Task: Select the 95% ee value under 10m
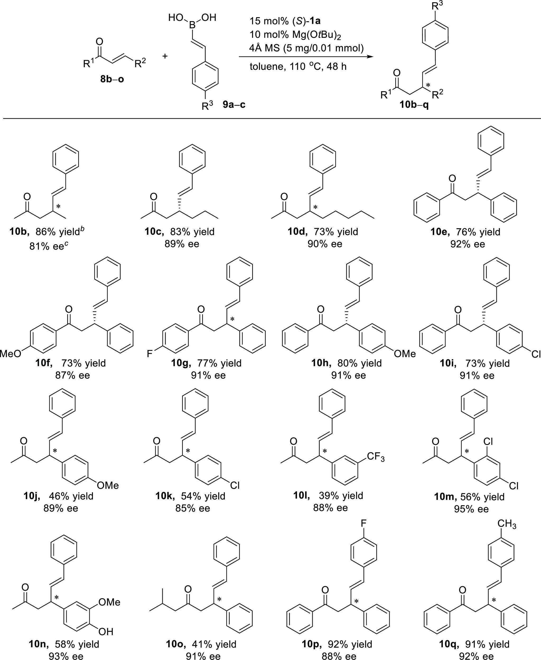[x=471, y=509]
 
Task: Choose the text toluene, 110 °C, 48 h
[x=298, y=67]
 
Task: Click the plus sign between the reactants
[x=165, y=56]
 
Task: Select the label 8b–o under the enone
[x=112, y=79]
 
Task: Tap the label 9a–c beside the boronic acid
[x=234, y=105]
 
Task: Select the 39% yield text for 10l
[x=341, y=495]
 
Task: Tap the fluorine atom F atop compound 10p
[x=363, y=523]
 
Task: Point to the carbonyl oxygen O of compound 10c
[x=153, y=197]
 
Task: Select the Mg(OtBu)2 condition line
[x=295, y=35]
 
